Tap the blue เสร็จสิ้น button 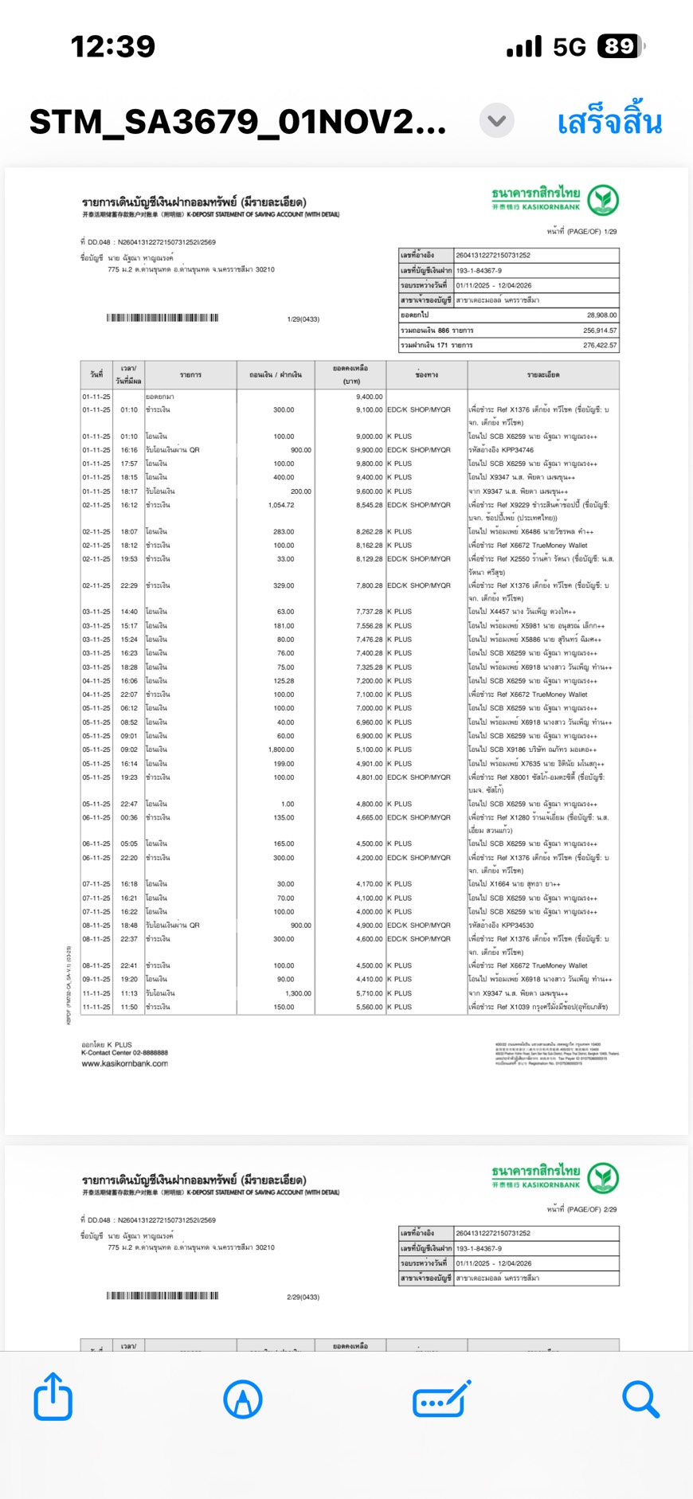[609, 123]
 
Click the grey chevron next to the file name [497, 121]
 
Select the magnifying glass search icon [640, 1399]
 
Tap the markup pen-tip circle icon [243, 1399]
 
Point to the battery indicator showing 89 [621, 46]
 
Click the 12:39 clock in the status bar [113, 46]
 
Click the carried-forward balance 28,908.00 [601, 315]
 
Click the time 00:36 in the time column [129, 817]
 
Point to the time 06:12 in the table [129, 708]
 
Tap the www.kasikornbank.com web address [124, 1063]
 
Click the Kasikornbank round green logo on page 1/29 [603, 200]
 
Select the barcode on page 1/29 [162, 318]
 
